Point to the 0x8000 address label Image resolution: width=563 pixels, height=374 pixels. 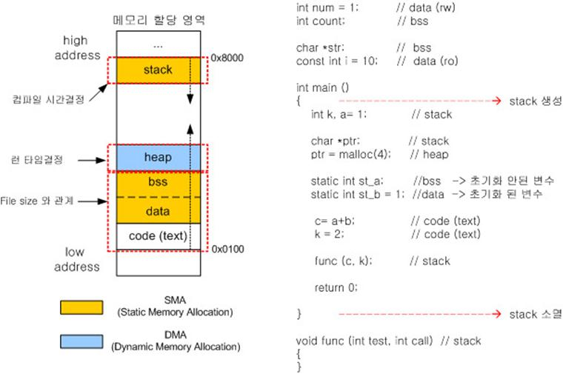(227, 56)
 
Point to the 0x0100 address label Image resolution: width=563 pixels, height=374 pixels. (227, 250)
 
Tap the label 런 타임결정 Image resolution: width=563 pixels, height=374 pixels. (37, 158)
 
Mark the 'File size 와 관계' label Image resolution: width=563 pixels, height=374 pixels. (37, 201)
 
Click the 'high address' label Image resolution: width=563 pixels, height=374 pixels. (81, 47)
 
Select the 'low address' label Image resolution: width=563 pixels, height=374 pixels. (81, 259)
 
